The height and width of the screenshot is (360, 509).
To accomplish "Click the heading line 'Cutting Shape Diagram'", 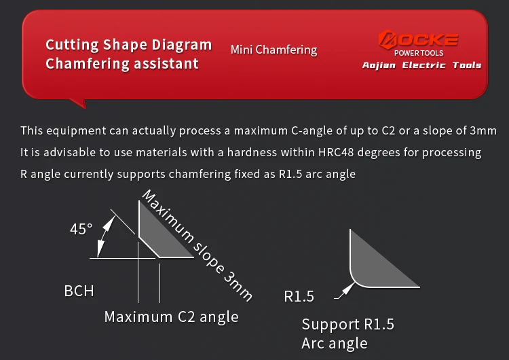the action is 129,45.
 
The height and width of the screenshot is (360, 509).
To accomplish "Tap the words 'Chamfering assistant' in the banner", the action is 122,64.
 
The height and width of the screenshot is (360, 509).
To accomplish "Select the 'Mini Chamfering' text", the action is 274,50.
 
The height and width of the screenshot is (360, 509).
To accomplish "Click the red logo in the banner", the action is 419,39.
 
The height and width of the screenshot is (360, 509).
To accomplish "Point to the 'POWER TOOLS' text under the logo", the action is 419,53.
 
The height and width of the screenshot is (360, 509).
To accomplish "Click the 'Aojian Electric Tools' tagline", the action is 421,65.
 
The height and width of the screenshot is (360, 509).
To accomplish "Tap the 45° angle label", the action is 81,229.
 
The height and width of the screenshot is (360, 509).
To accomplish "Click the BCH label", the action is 79,291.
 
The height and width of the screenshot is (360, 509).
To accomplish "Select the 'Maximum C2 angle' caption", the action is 172,317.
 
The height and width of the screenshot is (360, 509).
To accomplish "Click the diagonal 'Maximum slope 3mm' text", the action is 197,246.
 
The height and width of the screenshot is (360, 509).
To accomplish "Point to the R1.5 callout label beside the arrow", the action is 299,296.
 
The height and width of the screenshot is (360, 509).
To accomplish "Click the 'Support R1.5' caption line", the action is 348,324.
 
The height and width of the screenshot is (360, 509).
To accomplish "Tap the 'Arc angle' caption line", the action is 335,344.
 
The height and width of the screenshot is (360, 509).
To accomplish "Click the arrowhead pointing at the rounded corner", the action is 350,287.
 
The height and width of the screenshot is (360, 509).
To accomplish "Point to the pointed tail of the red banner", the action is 84,107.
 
